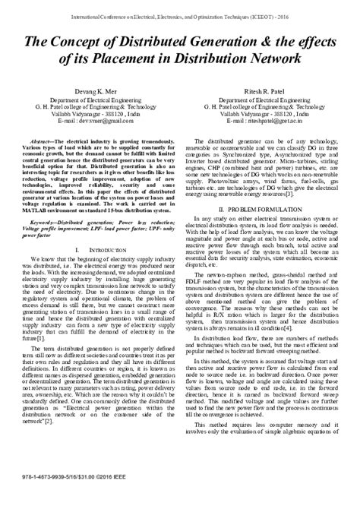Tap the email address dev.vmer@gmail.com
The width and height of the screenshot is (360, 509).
[x=105, y=142]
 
